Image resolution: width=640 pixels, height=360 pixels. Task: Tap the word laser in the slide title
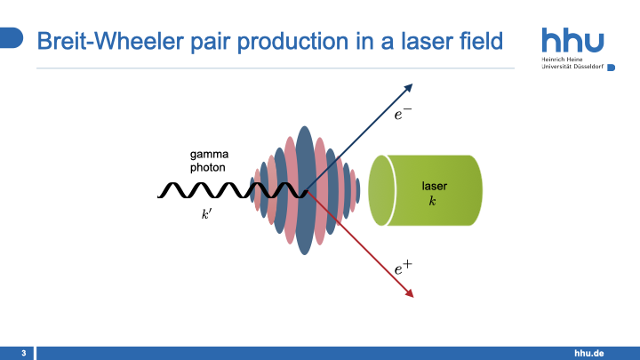click(x=420, y=41)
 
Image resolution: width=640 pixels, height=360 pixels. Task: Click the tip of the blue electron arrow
click(x=412, y=84)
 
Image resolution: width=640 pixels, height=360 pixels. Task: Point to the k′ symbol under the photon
click(x=207, y=214)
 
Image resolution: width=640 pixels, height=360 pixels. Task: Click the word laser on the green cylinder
click(x=434, y=187)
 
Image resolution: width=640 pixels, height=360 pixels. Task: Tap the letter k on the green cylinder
click(x=433, y=202)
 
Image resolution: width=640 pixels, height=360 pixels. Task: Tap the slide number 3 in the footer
click(x=23, y=354)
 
